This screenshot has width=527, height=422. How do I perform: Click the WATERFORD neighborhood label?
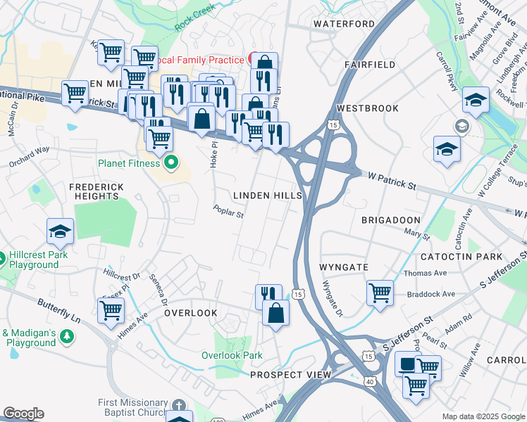(344, 24)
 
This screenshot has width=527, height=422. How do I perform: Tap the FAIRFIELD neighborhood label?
(370, 65)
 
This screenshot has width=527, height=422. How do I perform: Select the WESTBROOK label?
(368, 108)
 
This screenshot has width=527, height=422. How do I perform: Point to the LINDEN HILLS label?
(268, 196)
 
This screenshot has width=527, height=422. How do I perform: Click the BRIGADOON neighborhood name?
(390, 220)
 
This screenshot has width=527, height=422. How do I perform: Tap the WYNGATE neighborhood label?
(344, 268)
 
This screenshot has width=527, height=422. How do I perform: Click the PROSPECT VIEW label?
(291, 375)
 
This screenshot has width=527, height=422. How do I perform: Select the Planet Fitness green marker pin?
(170, 164)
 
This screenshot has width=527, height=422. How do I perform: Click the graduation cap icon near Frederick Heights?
(61, 231)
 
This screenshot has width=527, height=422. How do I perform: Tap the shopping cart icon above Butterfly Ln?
(111, 309)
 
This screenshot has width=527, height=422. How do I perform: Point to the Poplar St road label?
(229, 210)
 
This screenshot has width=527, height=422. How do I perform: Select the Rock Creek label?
(194, 22)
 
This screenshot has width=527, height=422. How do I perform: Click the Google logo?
(23, 414)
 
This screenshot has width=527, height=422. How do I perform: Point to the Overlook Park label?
(232, 355)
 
